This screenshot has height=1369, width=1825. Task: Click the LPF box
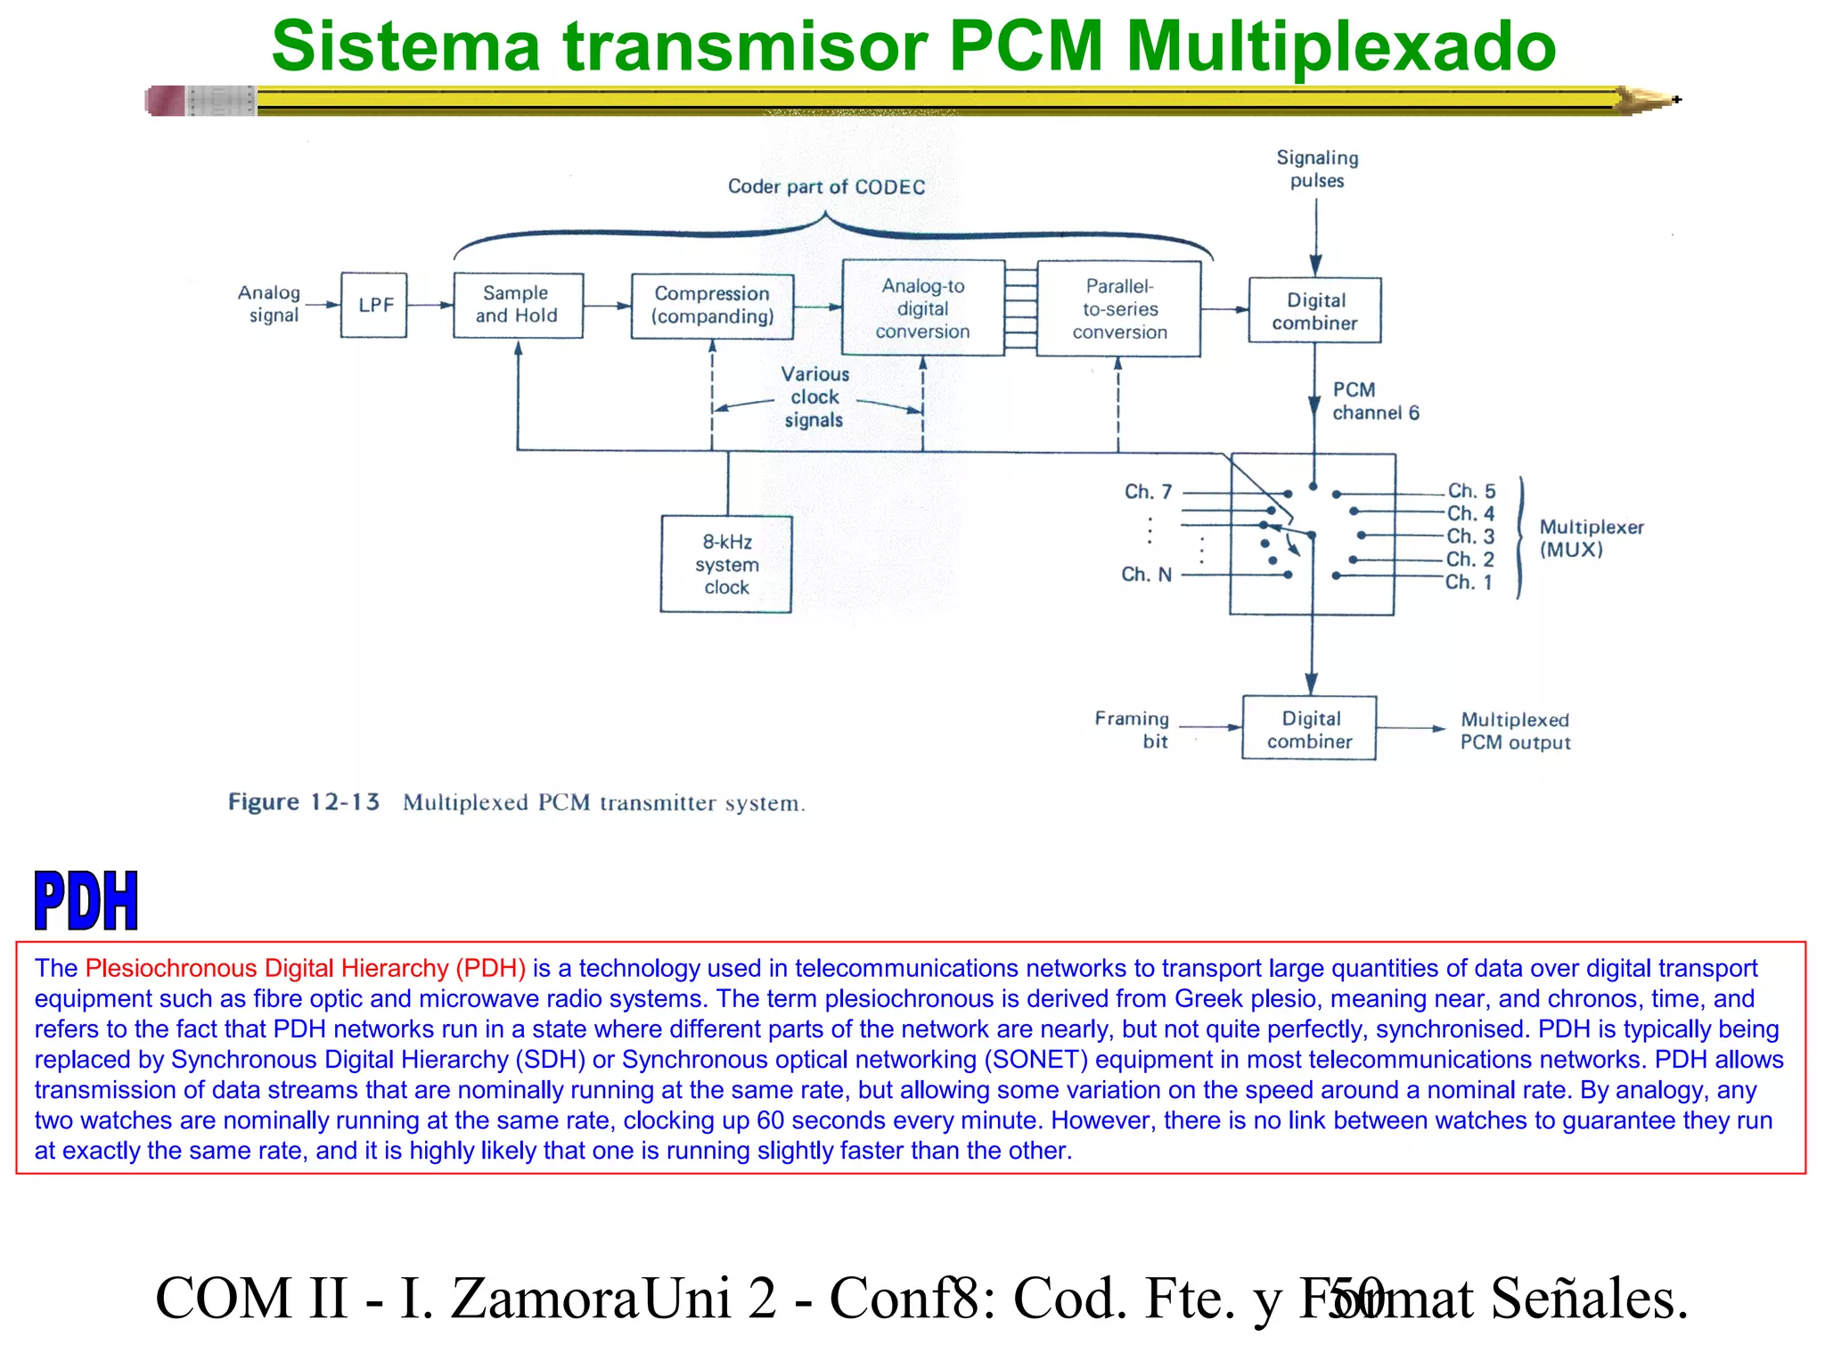(373, 305)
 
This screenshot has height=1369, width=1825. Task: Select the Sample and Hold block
(518, 305)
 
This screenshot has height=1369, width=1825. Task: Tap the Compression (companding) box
(712, 306)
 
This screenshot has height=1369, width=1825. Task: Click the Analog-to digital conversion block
(922, 308)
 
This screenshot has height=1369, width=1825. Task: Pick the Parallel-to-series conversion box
(1119, 309)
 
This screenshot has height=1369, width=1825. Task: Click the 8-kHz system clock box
(726, 564)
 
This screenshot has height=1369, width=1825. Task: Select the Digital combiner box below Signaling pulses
(1314, 311)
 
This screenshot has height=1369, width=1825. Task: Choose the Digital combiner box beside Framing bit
(1309, 729)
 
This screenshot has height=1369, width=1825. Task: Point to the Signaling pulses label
(1317, 169)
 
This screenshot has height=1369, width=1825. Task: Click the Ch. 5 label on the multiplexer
(1471, 491)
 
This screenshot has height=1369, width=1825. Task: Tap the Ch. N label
(1146, 575)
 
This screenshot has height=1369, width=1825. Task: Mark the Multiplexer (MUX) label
(1591, 538)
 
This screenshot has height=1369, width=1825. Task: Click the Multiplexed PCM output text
(1515, 731)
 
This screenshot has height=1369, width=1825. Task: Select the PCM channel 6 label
(1375, 401)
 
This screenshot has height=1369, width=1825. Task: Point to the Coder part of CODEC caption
(826, 187)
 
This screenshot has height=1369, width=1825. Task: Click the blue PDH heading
(86, 901)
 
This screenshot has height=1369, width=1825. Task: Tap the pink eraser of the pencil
(165, 101)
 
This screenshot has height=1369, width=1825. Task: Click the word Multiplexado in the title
(1340, 46)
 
